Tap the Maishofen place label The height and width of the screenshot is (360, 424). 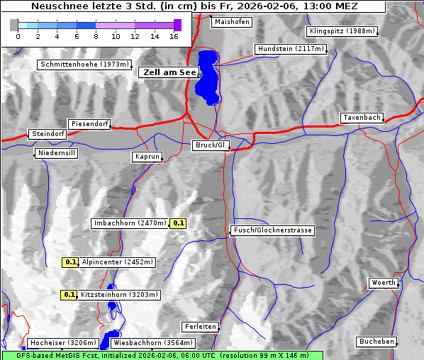(231, 22)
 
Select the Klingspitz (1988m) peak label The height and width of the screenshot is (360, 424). (342, 31)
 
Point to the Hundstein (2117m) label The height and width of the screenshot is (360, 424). (290, 50)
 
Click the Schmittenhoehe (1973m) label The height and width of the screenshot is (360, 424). (84, 64)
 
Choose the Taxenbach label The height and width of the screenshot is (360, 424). (362, 118)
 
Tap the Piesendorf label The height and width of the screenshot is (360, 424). (89, 124)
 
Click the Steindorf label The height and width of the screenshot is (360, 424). (48, 134)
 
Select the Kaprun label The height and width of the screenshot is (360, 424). (147, 157)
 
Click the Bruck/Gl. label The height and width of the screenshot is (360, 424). (211, 145)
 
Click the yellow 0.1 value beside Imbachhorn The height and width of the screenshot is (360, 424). (179, 223)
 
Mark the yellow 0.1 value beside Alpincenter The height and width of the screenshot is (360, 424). (70, 262)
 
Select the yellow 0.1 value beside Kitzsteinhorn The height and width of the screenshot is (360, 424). (69, 295)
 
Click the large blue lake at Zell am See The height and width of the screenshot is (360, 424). (207, 77)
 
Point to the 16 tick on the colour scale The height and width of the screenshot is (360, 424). (174, 35)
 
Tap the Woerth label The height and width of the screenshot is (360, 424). (384, 283)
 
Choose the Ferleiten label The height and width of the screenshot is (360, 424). (200, 327)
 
